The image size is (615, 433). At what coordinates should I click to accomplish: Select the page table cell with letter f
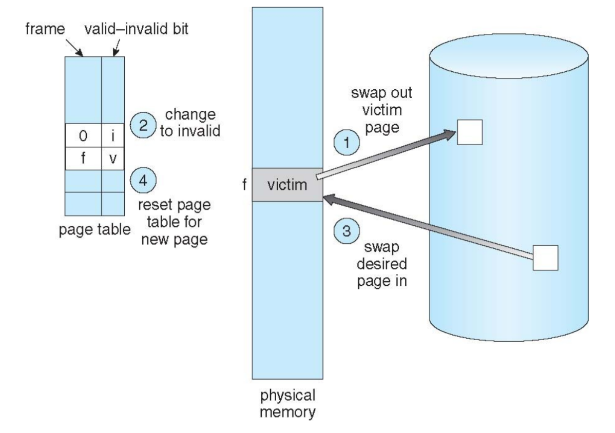(x=83, y=158)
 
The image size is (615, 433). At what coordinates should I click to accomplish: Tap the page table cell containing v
(x=113, y=158)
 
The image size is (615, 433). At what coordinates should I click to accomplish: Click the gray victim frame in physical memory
(x=287, y=184)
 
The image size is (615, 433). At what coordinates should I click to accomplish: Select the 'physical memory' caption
(x=287, y=405)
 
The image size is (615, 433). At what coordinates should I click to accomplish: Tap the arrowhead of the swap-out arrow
(x=451, y=134)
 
